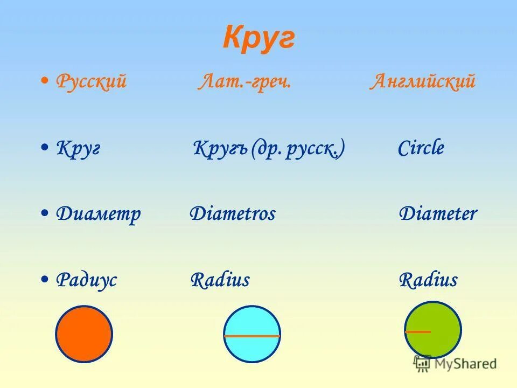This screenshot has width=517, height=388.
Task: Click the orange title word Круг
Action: point(258,38)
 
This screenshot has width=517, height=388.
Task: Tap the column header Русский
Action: point(92,82)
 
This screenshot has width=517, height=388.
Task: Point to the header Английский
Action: point(422,82)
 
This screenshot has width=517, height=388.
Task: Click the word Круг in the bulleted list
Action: point(79,148)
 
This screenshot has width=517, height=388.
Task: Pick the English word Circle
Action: point(421,148)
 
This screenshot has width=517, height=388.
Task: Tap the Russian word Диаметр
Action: point(99,214)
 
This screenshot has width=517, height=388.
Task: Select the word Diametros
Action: point(233,214)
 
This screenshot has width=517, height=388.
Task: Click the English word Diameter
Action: point(438,214)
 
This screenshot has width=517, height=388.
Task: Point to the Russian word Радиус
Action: point(87,280)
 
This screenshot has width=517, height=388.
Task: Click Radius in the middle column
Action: point(220,280)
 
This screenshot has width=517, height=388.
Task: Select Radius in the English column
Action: point(428,280)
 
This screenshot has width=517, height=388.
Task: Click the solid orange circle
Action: point(84,334)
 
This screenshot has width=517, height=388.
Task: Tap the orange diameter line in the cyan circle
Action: point(252,336)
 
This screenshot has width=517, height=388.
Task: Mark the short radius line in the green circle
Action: point(418,331)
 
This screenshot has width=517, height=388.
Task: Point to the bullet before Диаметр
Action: point(45,213)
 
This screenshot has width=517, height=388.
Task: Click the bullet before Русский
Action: point(45,81)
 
